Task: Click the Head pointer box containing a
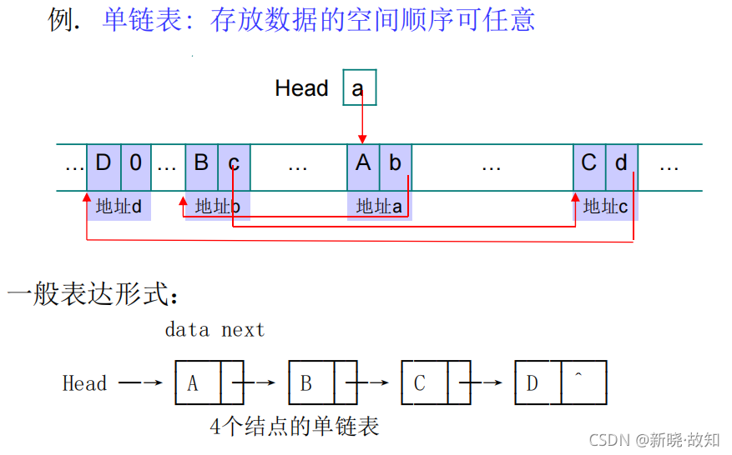[x=360, y=87]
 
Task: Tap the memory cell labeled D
[x=103, y=163]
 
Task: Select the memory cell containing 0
[x=136, y=163]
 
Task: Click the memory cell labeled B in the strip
[x=201, y=163]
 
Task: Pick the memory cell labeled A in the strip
[x=363, y=163]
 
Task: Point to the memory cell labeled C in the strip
[x=589, y=163]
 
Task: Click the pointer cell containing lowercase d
[x=622, y=163]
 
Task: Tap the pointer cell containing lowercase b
[x=396, y=163]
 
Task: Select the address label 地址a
[x=379, y=206]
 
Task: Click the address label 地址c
[x=605, y=206]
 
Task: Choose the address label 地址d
[x=119, y=206]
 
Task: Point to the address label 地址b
[x=217, y=206]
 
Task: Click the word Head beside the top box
[x=301, y=88]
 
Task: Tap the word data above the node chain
[x=187, y=330]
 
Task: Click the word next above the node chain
[x=243, y=330]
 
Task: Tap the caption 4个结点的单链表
[x=294, y=427]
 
